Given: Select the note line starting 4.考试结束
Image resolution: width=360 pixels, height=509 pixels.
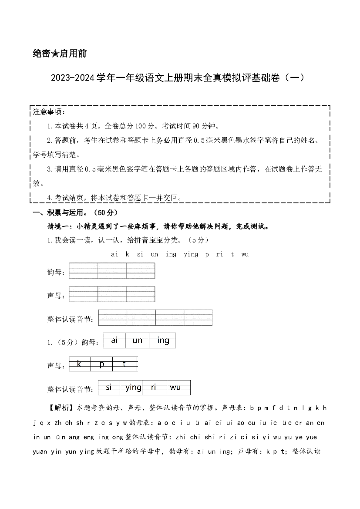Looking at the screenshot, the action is pyautogui.click(x=114, y=198).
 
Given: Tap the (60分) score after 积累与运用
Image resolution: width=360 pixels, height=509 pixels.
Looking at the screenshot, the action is pyautogui.click(x=105, y=212).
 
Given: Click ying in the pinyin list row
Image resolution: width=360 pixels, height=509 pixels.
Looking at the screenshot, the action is pyautogui.click(x=191, y=254).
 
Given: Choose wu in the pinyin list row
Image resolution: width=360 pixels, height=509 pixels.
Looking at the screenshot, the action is pyautogui.click(x=245, y=254).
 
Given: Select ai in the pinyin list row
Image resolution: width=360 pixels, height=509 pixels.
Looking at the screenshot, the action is pyautogui.click(x=114, y=254).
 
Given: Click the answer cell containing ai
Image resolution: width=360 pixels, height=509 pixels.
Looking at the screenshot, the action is pyautogui.click(x=114, y=340).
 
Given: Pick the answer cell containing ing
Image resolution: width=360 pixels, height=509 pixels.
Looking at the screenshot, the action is pyautogui.click(x=162, y=340).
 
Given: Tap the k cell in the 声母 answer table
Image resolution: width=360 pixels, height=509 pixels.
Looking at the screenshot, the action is pyautogui.click(x=80, y=364).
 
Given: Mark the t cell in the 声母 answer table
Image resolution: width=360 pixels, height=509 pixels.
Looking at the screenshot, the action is pyautogui.click(x=125, y=364).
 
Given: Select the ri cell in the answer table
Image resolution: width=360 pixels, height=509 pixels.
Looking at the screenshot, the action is pyautogui.click(x=155, y=388).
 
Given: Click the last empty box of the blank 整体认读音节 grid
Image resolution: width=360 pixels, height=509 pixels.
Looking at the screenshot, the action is pyautogui.click(x=198, y=317).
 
